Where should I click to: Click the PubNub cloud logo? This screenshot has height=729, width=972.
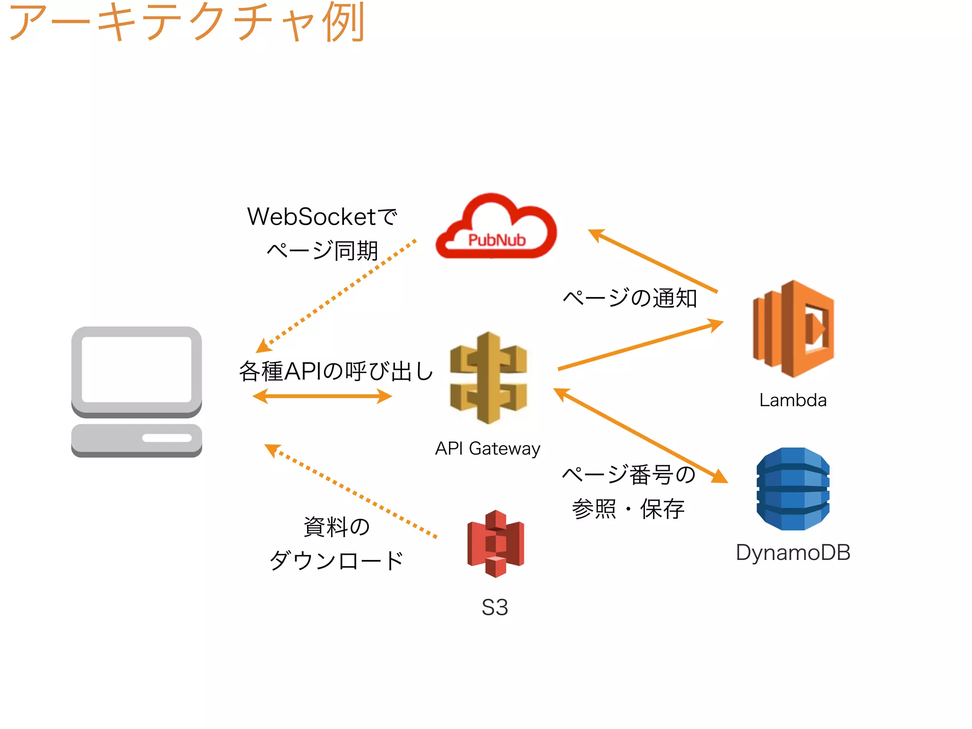click(x=496, y=228)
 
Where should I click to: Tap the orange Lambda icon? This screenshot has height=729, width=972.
click(x=794, y=329)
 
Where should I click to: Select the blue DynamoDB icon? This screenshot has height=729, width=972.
click(x=793, y=489)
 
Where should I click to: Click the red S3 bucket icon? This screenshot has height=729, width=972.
click(x=495, y=544)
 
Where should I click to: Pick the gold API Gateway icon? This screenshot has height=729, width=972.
click(x=488, y=378)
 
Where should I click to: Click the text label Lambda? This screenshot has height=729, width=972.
click(x=793, y=400)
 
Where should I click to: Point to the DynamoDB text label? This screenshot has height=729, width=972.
click(x=793, y=552)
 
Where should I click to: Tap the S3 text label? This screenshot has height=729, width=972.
click(x=495, y=607)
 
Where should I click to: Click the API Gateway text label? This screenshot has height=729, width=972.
click(x=487, y=449)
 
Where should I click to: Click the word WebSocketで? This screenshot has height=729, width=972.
click(x=322, y=217)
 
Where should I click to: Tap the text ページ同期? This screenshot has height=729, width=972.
click(x=322, y=251)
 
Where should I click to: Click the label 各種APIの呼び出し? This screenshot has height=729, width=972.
click(x=336, y=371)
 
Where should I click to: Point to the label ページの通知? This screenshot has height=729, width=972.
click(x=629, y=298)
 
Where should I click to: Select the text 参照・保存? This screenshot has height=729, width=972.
click(x=628, y=509)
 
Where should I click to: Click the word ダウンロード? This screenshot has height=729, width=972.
click(x=336, y=561)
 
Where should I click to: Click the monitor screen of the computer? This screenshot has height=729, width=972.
click(x=136, y=369)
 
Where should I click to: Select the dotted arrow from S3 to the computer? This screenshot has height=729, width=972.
click(x=351, y=491)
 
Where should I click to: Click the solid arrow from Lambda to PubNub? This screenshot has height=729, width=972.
click(x=653, y=261)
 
